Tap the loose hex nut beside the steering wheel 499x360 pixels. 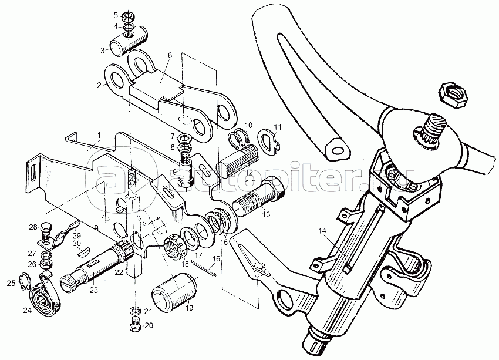pyautogui.click(x=452, y=93)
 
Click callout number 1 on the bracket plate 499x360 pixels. pyautogui.click(x=100, y=134)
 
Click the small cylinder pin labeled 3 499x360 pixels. pyautogui.click(x=126, y=43)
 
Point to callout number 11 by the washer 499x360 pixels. pyautogui.click(x=278, y=126)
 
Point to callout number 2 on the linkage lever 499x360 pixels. pyautogui.click(x=99, y=85)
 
